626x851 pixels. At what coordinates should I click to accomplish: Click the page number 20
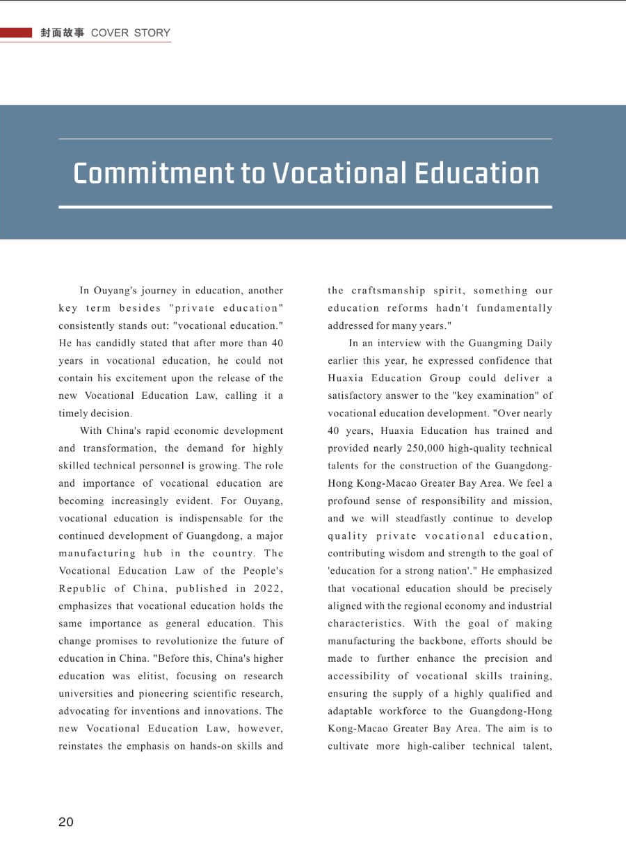point(65,822)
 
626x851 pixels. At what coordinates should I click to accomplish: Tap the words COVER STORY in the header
point(131,33)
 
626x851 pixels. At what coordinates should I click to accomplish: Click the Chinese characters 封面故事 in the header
point(62,33)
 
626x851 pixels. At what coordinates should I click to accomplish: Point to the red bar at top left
point(16,33)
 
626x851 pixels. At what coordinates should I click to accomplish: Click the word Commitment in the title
point(153,173)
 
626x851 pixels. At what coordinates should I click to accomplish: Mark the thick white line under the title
point(305,206)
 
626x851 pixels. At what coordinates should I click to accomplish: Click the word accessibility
point(359,676)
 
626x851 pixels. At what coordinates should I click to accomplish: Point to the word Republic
point(81,588)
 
